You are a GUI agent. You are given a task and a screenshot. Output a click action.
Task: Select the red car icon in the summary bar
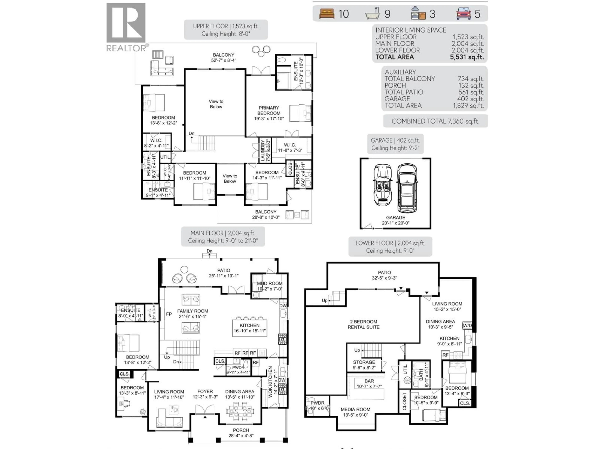pos(464,14)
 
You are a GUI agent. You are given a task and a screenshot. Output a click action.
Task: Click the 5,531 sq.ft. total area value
pos(467,57)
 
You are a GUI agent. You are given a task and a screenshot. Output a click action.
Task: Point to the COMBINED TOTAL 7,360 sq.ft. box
pos(435,121)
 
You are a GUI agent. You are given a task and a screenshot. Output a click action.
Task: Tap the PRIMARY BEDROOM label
pos(269,110)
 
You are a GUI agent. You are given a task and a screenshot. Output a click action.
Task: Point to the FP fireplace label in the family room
pos(169,314)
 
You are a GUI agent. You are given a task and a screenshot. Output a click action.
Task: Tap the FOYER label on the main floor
pos(205,392)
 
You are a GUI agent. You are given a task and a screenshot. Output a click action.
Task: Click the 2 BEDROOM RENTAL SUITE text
pos(363,324)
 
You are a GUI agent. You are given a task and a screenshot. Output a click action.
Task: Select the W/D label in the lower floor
pos(467,325)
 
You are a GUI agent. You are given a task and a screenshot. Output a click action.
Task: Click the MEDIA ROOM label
pos(355,410)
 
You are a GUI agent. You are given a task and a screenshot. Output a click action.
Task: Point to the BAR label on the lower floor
pos(369,381)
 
